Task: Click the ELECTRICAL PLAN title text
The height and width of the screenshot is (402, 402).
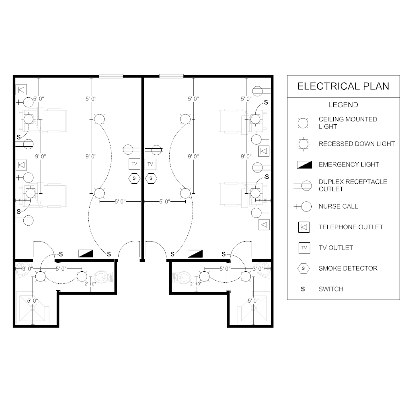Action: click(x=343, y=86)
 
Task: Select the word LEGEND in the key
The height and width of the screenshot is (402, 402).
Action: click(x=343, y=105)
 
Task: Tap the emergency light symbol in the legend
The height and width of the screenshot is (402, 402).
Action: click(x=304, y=164)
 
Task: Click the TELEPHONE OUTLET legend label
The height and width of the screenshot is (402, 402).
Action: click(x=351, y=227)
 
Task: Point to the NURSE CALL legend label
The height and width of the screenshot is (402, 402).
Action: click(x=338, y=207)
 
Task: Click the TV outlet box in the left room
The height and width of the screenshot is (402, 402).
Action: click(x=134, y=164)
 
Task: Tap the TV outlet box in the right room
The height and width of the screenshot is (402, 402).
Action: click(x=151, y=164)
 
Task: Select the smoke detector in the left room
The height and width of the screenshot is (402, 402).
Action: click(x=134, y=178)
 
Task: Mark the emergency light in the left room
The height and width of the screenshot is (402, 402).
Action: click(x=86, y=253)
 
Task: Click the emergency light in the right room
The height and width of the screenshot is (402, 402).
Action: click(x=195, y=253)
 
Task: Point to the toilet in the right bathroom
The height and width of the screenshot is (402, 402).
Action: click(x=183, y=277)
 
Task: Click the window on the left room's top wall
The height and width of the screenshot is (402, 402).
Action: click(x=111, y=76)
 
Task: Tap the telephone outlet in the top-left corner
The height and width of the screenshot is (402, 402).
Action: click(x=21, y=90)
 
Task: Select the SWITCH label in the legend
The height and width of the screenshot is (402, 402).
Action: click(x=331, y=289)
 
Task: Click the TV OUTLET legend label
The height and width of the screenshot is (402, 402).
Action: click(x=336, y=248)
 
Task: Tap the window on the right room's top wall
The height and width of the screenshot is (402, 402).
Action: click(x=171, y=76)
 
